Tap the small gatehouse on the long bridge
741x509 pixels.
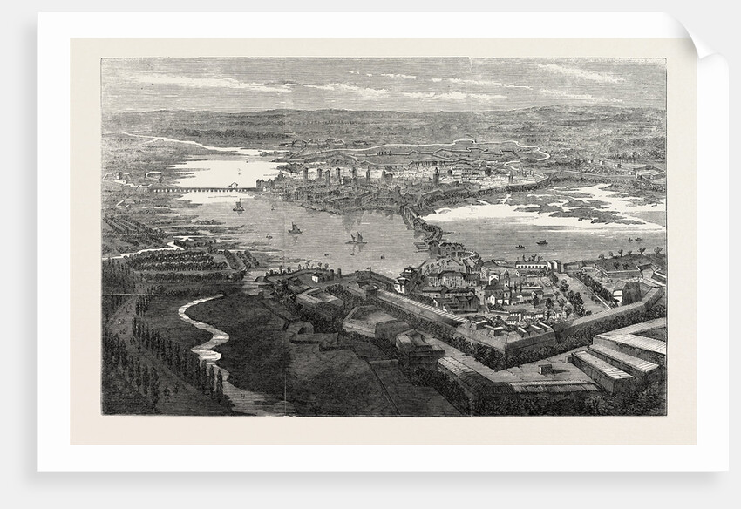(234, 186)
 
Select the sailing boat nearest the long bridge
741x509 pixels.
(238, 207)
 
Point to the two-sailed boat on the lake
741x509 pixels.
(355, 237)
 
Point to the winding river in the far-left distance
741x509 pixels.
(166, 139)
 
